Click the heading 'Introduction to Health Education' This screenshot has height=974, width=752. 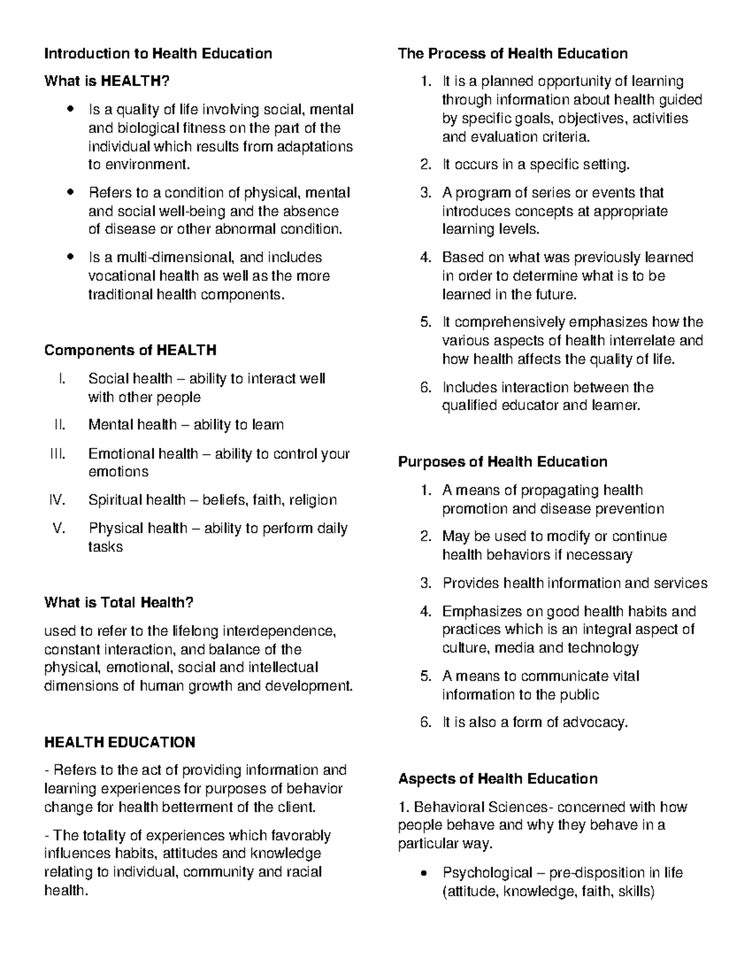click(158, 53)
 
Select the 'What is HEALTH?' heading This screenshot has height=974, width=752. click(107, 81)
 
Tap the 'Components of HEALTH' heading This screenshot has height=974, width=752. click(130, 350)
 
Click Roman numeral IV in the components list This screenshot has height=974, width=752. click(57, 500)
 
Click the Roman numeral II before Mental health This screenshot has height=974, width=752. click(60, 425)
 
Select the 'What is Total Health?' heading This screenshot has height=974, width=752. click(118, 603)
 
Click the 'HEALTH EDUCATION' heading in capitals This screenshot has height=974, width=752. click(120, 743)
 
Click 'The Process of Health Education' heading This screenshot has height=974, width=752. click(513, 53)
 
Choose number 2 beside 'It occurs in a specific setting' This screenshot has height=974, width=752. click(426, 165)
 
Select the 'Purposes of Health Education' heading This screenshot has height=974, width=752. click(503, 462)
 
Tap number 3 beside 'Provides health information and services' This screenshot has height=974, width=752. click(426, 583)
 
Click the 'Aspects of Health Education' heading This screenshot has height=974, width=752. click(498, 779)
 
